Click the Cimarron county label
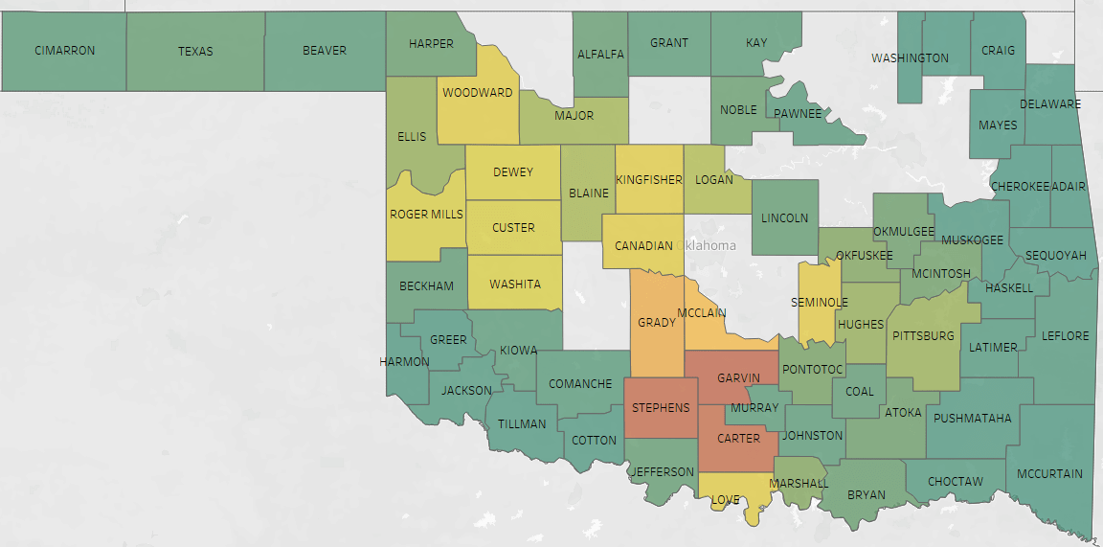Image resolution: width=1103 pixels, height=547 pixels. [65, 51]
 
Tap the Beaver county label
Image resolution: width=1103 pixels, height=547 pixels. [325, 50]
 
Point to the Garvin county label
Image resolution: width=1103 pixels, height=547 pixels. [738, 378]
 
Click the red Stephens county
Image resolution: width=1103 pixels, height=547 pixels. [661, 408]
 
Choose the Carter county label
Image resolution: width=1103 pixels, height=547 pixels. [738, 439]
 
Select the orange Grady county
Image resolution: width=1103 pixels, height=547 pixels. [657, 323]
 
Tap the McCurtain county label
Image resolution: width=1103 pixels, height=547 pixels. [1049, 473]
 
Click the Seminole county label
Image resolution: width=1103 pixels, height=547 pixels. [820, 303]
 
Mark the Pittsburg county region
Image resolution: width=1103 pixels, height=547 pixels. [923, 336]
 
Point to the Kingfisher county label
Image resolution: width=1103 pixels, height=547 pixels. [649, 179]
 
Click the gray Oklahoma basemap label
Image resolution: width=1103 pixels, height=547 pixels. [709, 245]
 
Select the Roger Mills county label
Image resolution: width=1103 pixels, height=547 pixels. [426, 215]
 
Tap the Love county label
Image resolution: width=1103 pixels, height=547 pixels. [725, 500]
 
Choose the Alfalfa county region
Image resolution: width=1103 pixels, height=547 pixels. [600, 55]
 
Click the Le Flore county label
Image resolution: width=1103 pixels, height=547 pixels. [1067, 336]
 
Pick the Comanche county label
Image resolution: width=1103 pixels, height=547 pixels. [580, 384]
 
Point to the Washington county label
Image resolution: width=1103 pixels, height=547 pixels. [910, 58]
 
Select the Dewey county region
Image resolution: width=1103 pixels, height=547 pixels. [513, 172]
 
